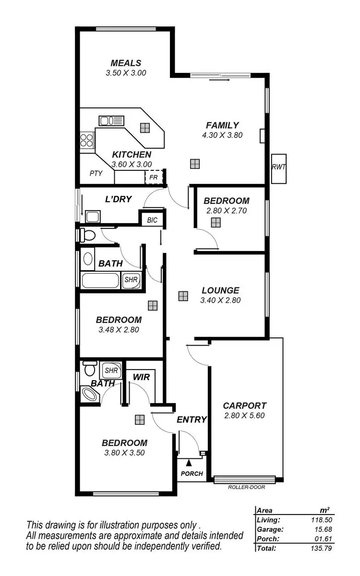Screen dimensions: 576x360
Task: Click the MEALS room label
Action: (x=126, y=63)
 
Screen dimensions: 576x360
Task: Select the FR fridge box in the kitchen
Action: (x=154, y=177)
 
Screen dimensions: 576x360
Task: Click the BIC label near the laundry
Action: (x=152, y=220)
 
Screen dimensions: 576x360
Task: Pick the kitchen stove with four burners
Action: (x=87, y=140)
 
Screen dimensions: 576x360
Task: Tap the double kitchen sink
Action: (x=111, y=120)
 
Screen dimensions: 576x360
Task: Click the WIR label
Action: (x=141, y=377)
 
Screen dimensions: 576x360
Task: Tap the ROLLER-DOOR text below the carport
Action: (x=246, y=487)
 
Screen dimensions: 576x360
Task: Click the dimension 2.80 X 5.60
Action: (x=244, y=416)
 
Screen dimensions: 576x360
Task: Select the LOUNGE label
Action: (x=220, y=290)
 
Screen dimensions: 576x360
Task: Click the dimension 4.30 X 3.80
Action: (x=222, y=135)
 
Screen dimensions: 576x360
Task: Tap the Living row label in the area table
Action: (x=268, y=520)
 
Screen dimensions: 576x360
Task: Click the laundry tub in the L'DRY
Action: (x=92, y=216)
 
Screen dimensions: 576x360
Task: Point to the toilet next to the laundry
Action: (x=87, y=235)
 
